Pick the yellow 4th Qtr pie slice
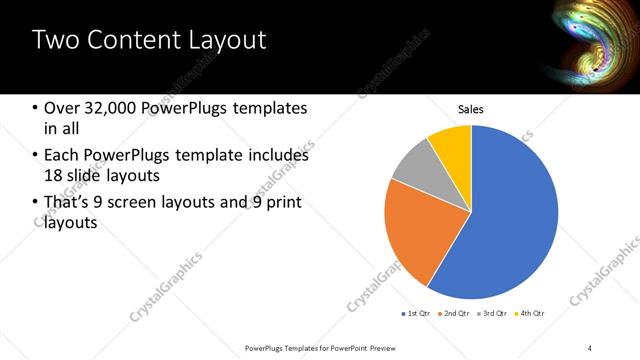[x=453, y=145]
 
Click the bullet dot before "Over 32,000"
[x=36, y=108]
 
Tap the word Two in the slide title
[x=52, y=41]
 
